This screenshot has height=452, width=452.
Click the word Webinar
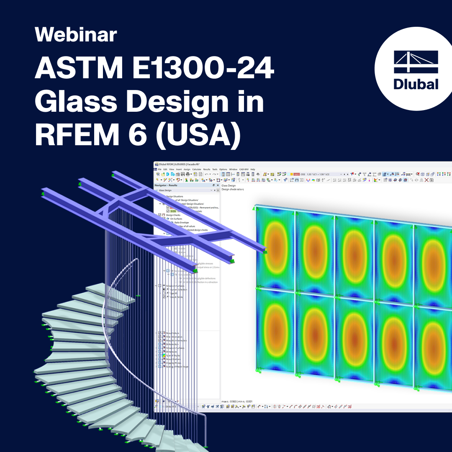pyautogui.click(x=76, y=35)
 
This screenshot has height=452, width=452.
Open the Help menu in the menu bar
pyautogui.click(x=252, y=169)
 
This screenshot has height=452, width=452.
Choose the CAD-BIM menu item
pyautogui.click(x=244, y=169)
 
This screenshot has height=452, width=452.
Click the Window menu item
pyautogui.click(x=233, y=169)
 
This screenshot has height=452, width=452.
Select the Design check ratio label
pyautogui.click(x=232, y=190)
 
